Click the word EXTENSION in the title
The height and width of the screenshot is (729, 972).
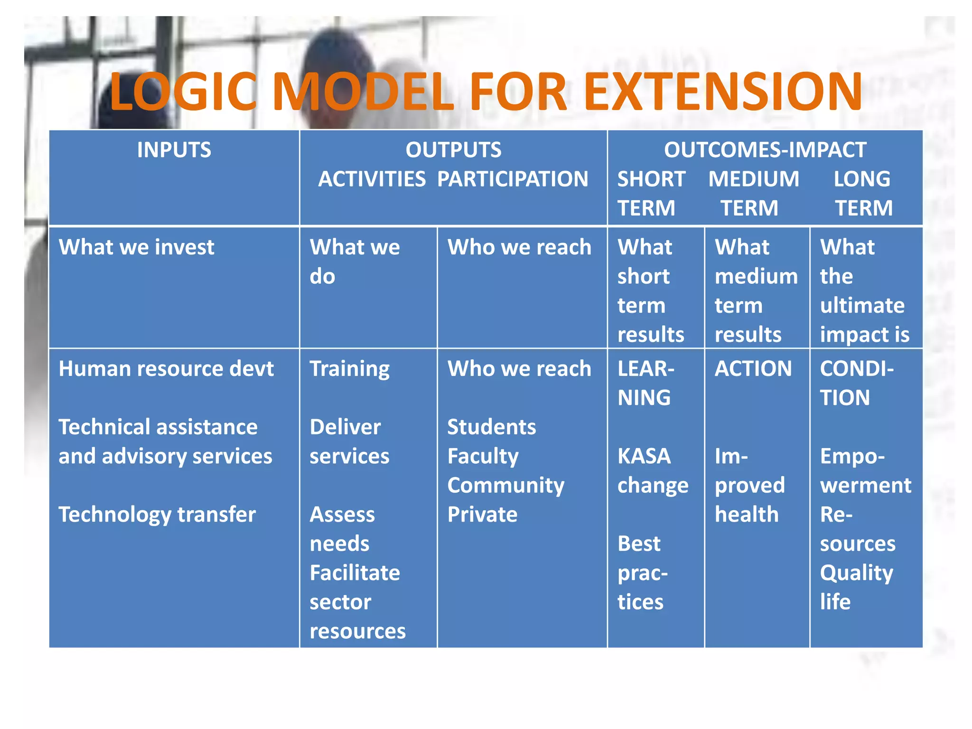coord(722,91)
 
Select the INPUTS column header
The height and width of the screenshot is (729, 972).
coord(174,150)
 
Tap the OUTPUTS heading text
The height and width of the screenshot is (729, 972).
coord(453,150)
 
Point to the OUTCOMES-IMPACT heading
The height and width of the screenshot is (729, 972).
coord(765,150)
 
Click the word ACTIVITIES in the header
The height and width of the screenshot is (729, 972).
coord(372,179)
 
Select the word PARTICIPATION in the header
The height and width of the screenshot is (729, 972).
coord(512,179)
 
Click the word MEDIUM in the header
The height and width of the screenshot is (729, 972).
coord(753,179)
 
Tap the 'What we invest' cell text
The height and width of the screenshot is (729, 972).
coord(136,247)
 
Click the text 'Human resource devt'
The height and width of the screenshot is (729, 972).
coord(166,369)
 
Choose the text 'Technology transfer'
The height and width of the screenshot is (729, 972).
coord(157,514)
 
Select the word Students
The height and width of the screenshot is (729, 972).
coord(491,427)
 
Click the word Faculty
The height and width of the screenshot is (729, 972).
coord(483,457)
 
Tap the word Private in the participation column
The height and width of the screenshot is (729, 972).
coord(482,514)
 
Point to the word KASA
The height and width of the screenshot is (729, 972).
coord(644,457)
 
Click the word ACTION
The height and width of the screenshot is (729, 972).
coord(753,369)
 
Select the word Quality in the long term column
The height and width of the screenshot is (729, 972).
coord(856,573)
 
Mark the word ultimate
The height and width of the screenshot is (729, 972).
coord(862,306)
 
